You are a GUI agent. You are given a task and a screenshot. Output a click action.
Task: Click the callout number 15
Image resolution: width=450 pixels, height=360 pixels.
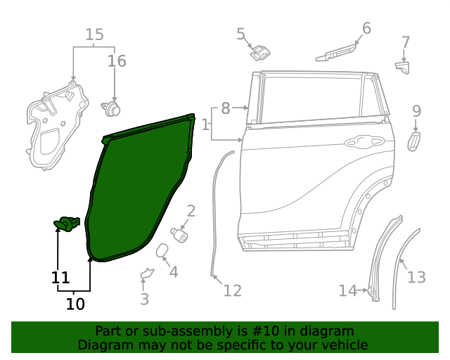[x=94, y=34]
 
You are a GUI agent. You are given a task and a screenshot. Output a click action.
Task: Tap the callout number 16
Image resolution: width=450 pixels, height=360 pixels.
[x=117, y=61]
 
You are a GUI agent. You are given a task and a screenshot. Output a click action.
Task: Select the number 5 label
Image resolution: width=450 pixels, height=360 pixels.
[x=240, y=34]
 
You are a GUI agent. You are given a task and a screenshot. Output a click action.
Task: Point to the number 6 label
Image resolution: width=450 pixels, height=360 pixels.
[x=366, y=28]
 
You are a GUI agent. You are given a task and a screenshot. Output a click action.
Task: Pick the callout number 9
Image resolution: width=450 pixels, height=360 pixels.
[x=416, y=110]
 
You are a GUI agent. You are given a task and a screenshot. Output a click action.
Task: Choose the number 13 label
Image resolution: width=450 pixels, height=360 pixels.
[x=416, y=277]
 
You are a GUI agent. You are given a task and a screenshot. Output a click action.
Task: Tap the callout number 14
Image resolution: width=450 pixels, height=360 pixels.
[x=347, y=290]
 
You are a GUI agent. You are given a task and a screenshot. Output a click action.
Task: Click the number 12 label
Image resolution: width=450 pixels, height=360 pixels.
[x=232, y=290]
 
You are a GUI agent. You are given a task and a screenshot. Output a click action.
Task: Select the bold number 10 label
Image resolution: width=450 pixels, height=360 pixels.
[x=75, y=304]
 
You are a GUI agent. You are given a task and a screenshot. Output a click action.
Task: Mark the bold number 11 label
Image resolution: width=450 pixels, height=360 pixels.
[x=60, y=277]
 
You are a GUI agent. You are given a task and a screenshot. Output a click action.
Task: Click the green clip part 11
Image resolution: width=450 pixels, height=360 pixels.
[x=67, y=224]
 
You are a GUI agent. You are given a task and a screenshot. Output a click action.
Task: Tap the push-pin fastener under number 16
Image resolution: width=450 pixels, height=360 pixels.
[x=111, y=108]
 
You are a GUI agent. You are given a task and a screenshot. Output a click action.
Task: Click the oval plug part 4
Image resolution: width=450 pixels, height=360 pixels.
[x=160, y=251]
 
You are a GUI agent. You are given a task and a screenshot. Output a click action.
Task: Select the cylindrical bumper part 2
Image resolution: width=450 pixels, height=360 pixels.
[x=180, y=233]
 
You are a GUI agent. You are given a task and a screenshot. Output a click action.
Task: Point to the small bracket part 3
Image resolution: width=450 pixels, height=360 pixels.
[x=147, y=274]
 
